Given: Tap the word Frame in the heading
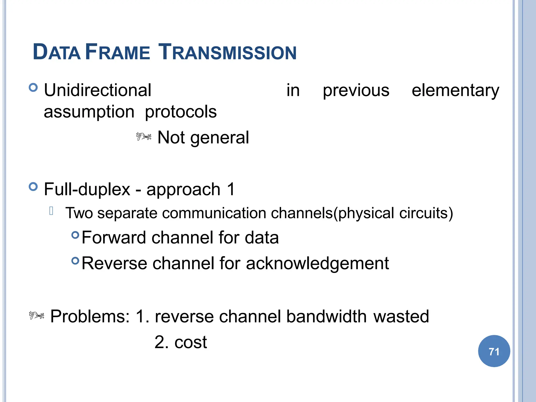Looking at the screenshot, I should (x=118, y=52).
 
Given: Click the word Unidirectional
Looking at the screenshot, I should (x=98, y=90).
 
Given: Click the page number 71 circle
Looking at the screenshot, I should (x=494, y=351).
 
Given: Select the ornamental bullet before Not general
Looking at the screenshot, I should (x=144, y=137).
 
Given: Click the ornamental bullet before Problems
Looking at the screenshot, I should (x=36, y=315).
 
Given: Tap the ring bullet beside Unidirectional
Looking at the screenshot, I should (x=33, y=87).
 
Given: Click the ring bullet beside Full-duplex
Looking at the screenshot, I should (x=33, y=187).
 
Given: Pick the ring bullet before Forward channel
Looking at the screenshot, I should (x=75, y=235).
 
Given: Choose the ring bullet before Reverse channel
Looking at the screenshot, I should (x=75, y=261).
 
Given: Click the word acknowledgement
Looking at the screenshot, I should (x=317, y=263).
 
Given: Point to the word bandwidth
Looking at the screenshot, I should (x=326, y=316).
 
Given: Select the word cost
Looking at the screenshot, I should (x=191, y=342).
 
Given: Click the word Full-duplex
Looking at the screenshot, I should (x=87, y=189).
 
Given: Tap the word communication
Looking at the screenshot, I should (x=214, y=213).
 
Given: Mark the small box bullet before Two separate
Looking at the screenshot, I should (x=51, y=211).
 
